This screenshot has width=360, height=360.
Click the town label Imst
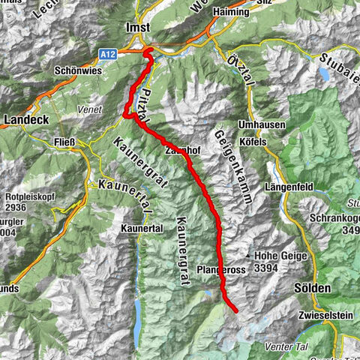(x=139, y=27)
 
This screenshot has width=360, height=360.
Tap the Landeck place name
(x=26, y=119)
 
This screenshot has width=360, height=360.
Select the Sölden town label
(x=313, y=289)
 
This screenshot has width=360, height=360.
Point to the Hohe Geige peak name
(x=284, y=254)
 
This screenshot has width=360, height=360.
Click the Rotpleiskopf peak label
(x=22, y=199)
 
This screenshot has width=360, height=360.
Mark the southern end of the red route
(x=235, y=310)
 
